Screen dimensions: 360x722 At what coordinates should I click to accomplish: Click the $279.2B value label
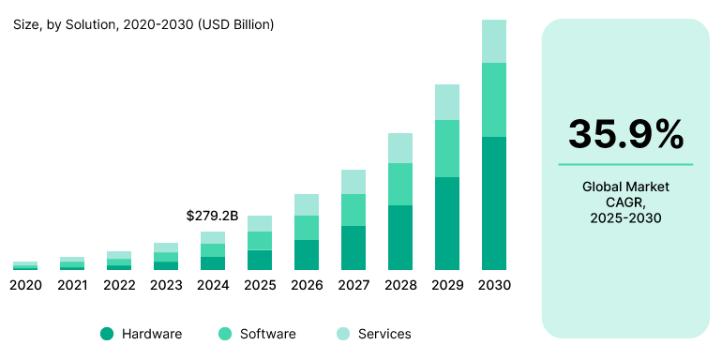point(213,216)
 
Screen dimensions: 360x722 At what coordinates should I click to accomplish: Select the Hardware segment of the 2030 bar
point(494,202)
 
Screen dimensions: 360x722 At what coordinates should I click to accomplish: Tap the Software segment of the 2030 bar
point(494,99)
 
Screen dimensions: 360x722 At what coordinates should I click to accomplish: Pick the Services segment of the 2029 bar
point(447,102)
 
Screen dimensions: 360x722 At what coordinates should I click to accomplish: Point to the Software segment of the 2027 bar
point(353,210)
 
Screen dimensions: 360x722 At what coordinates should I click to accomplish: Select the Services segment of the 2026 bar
point(307,204)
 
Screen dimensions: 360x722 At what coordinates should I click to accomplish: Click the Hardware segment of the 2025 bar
point(260,260)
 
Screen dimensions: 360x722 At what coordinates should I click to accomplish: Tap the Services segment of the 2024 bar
point(213,237)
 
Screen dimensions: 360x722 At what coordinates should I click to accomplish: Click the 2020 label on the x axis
point(25,285)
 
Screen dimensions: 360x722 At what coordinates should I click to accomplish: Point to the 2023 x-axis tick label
point(166,285)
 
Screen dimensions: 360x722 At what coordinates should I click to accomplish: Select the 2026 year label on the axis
point(307,285)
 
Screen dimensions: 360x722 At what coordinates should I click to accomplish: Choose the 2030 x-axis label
point(494,285)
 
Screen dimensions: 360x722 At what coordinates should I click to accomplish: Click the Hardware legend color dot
point(107,334)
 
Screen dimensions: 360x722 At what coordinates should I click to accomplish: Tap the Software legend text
point(267,334)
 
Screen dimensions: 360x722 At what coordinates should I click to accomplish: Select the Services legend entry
point(372,334)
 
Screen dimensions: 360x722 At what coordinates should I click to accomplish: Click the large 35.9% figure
point(625,135)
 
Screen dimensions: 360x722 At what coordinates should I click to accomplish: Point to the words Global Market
point(625,187)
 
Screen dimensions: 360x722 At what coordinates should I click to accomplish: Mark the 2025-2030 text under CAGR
point(625,217)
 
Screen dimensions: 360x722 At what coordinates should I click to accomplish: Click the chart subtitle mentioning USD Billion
point(143,24)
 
